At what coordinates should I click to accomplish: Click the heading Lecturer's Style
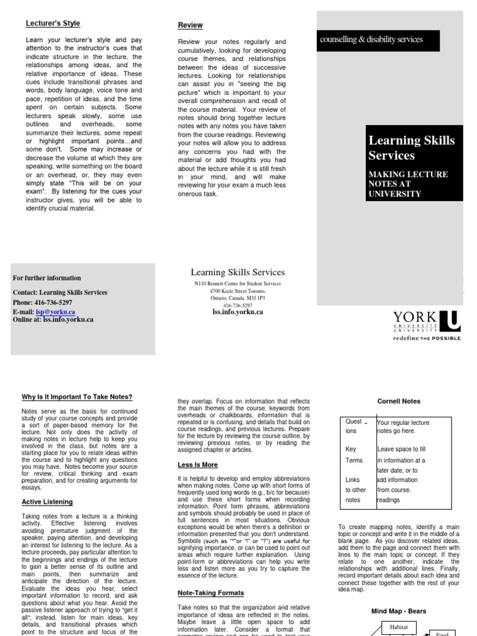click(x=53, y=24)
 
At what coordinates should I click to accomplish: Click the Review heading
click(x=190, y=25)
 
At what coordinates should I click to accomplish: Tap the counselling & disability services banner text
click(x=371, y=40)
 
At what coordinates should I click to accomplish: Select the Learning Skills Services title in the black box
click(x=411, y=148)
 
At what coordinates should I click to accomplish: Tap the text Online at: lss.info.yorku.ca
click(x=53, y=319)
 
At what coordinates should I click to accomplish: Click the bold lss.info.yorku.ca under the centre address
click(x=237, y=312)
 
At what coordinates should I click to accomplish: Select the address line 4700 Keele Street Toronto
click(x=237, y=291)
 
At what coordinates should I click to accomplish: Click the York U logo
click(x=427, y=322)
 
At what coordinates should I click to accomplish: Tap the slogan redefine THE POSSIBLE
click(x=427, y=339)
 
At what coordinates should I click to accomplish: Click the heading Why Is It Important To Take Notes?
click(x=77, y=397)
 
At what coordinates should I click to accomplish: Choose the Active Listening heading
click(x=47, y=502)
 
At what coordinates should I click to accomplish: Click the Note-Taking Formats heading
click(x=211, y=593)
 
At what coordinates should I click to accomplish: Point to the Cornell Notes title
click(x=399, y=401)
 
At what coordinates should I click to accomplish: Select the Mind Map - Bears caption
click(x=399, y=611)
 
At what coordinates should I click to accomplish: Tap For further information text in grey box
click(x=47, y=278)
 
